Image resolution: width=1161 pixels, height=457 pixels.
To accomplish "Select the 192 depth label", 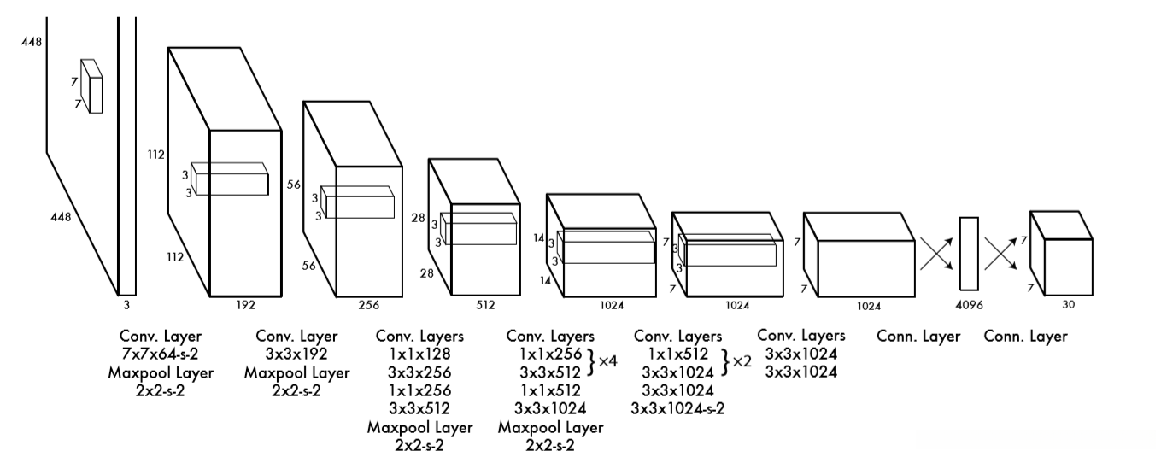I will [x=245, y=303].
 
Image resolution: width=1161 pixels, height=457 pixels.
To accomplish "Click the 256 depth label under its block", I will [x=368, y=303].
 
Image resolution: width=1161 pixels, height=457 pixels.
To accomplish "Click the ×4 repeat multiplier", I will [x=607, y=362].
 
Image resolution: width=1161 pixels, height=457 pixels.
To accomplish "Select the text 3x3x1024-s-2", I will [x=677, y=408].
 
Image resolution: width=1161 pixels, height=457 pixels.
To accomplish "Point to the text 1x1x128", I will [x=419, y=354].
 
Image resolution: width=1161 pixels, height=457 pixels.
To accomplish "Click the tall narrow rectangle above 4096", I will [x=968, y=254].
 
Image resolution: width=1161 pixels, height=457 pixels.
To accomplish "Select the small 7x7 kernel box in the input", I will [x=91, y=86].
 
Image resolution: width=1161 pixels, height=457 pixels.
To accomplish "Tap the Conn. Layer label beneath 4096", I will [x=918, y=337].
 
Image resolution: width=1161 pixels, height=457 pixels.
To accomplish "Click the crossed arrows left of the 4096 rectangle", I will [x=937, y=254].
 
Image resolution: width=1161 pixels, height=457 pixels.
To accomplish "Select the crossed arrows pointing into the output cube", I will [x=1000, y=254].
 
